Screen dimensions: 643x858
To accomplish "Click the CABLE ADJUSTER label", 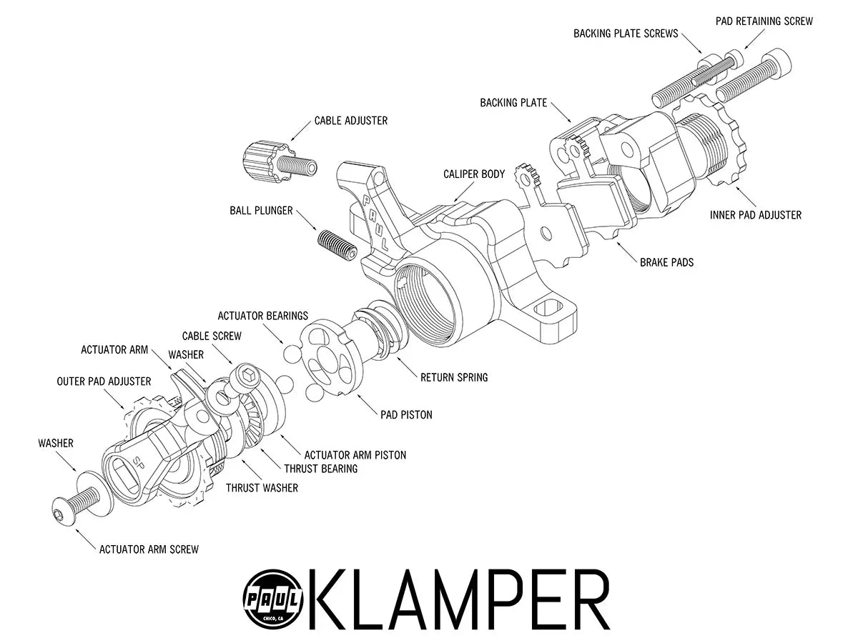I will coord(350,121).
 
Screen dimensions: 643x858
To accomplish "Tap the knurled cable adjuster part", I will coord(262,161).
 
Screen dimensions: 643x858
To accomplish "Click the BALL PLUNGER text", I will coord(261,211).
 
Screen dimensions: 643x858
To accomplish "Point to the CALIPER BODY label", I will coord(474,174).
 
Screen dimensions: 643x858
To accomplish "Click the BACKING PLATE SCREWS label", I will coord(626,34).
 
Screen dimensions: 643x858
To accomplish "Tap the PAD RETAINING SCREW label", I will coord(764,21).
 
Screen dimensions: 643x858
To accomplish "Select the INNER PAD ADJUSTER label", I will coord(756,214).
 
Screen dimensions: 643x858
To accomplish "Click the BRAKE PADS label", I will coord(666,262).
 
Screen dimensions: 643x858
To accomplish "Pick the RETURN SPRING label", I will coord(454,377).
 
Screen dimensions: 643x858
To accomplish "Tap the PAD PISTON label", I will coord(406,414).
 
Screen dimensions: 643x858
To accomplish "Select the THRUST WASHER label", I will coord(262,488).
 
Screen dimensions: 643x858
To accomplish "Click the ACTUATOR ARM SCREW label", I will coord(149,549).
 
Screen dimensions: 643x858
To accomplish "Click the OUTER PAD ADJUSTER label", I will coord(104,382).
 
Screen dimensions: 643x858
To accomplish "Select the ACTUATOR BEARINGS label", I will coord(262,315).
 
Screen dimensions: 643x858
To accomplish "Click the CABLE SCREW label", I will coord(212,336).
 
